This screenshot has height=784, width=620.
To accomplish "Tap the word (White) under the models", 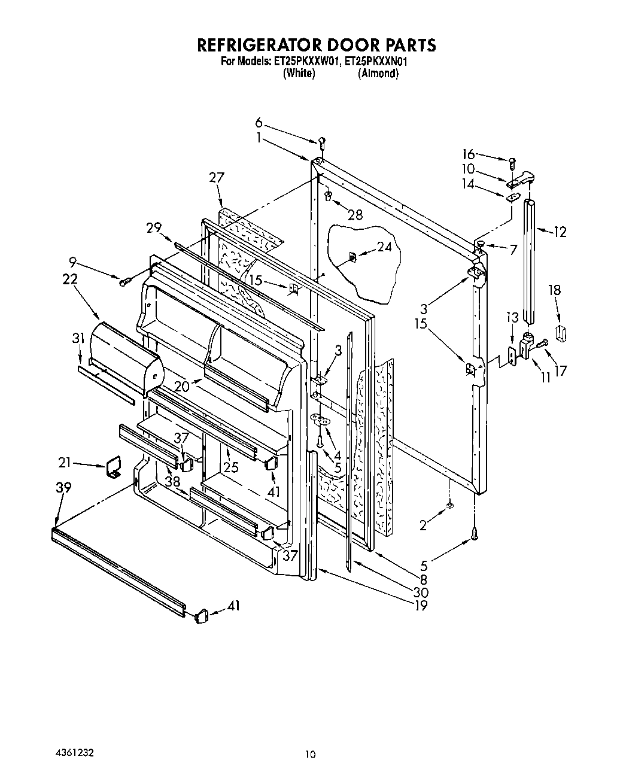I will [299, 73].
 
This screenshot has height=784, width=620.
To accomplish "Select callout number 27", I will [217, 177].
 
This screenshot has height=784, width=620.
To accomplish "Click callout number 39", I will [63, 488].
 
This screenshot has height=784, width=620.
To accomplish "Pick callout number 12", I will [560, 232].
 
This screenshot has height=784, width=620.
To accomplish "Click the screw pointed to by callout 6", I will [322, 142].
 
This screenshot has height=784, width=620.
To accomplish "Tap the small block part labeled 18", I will [561, 332].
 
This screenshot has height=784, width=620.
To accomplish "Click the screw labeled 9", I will [125, 281].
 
